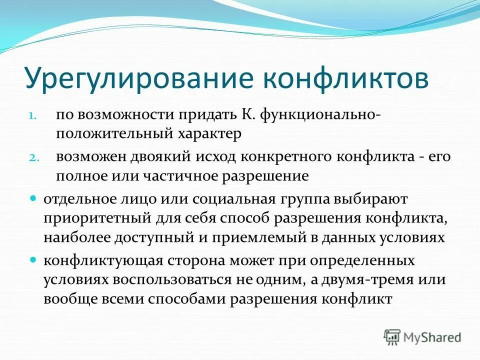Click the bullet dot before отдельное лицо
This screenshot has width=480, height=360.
[33, 198]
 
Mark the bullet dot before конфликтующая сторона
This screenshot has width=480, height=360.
[33, 260]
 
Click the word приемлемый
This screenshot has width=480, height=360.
[272, 237]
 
